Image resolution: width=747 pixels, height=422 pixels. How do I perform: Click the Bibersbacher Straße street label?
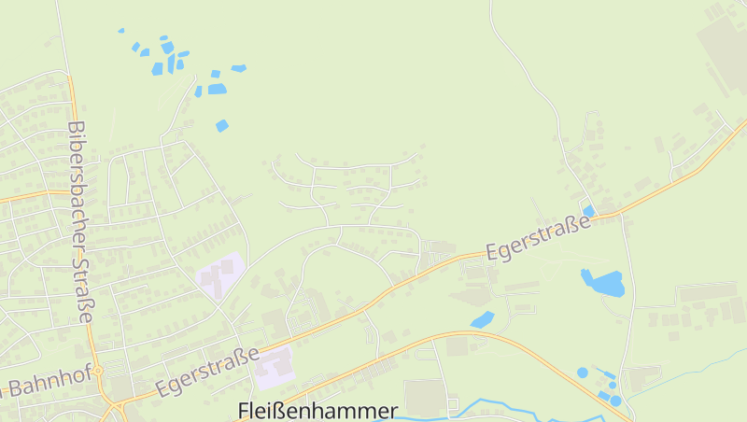pyautogui.click(x=80, y=222)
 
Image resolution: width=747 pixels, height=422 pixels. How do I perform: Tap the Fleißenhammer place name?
pyautogui.click(x=317, y=411)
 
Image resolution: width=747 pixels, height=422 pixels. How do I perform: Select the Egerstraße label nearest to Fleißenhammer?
pyautogui.click(x=207, y=372)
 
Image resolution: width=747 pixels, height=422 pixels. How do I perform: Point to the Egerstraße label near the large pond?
pyautogui.click(x=539, y=237)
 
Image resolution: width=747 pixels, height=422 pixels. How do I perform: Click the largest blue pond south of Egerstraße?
pyautogui.click(x=603, y=281)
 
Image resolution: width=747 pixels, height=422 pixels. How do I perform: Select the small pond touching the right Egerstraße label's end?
pyautogui.click(x=589, y=210)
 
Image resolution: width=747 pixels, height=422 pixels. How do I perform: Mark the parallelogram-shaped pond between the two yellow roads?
pyautogui.click(x=482, y=319)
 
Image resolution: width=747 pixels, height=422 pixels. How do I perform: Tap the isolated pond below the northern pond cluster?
pyautogui.click(x=222, y=125)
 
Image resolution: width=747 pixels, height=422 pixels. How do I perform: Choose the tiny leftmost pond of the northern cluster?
pyautogui.click(x=121, y=31)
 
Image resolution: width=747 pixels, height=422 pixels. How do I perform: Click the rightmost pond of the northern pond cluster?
pyautogui.click(x=239, y=68)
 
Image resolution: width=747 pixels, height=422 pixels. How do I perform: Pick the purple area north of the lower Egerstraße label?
pyautogui.click(x=220, y=274)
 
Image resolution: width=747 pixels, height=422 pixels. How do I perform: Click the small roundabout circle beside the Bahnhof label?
pyautogui.click(x=97, y=371)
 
